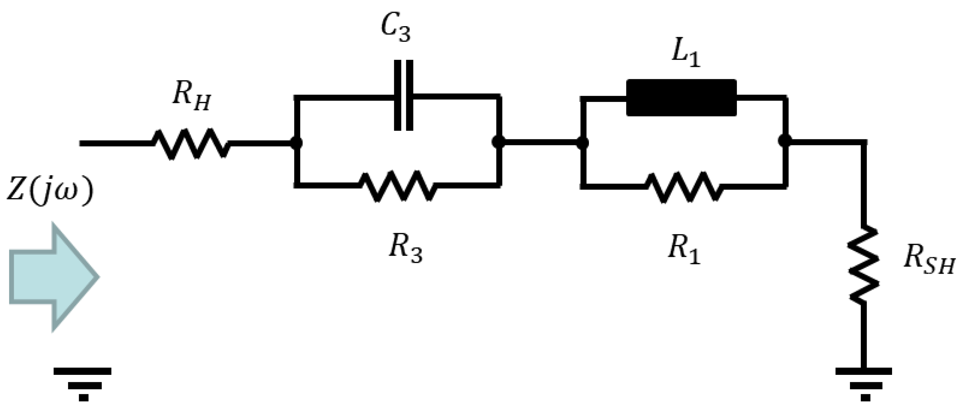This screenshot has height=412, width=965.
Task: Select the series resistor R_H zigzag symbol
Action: click(x=191, y=144)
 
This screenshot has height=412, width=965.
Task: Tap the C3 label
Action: click(x=396, y=30)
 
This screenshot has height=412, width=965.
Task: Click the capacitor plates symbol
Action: click(x=404, y=95)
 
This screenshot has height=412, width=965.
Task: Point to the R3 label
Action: click(x=405, y=250)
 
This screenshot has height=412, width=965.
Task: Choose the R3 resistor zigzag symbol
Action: click(x=398, y=186)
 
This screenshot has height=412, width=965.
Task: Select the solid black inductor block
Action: click(x=681, y=98)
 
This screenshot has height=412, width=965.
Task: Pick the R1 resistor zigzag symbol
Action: click(x=684, y=187)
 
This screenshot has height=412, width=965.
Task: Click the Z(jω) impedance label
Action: click(x=50, y=193)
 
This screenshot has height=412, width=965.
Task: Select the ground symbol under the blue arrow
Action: click(x=83, y=384)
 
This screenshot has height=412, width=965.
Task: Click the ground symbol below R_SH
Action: click(x=863, y=384)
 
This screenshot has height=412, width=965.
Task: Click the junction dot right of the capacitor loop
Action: click(x=498, y=142)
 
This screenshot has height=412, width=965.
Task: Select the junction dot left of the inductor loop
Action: click(x=582, y=143)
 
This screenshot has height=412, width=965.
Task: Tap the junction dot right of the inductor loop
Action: click(x=784, y=141)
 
